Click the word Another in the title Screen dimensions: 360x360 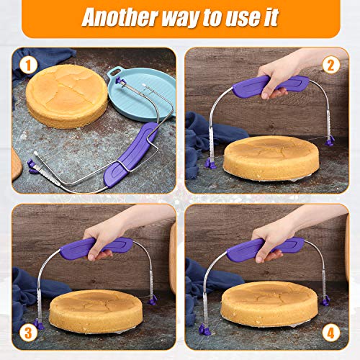pos(122,17)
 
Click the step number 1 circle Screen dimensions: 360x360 pos(27,66)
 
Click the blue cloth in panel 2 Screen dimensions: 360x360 pos(205,133)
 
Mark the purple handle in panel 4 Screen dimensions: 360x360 pos(270,248)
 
